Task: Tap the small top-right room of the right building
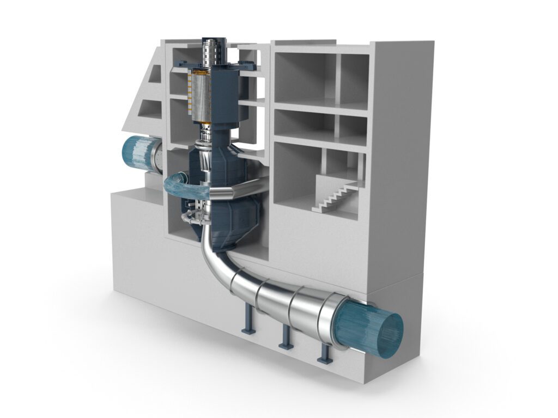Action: coord(354,76)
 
